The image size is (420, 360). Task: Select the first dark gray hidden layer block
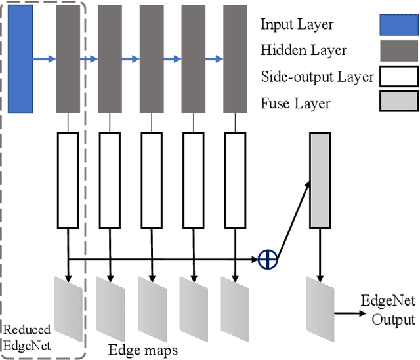(68, 58)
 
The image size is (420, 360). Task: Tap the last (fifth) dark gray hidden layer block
(235, 58)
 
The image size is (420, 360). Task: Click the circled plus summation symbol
(268, 260)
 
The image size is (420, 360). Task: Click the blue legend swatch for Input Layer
(398, 24)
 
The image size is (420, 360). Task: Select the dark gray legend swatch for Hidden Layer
(398, 50)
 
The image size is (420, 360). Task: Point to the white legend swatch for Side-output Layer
(398, 77)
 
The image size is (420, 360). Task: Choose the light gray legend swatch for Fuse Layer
(398, 102)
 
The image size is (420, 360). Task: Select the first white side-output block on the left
(68, 179)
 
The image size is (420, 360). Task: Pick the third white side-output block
(152, 179)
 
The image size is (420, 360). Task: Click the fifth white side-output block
(235, 179)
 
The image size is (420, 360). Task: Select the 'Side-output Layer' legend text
(317, 77)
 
